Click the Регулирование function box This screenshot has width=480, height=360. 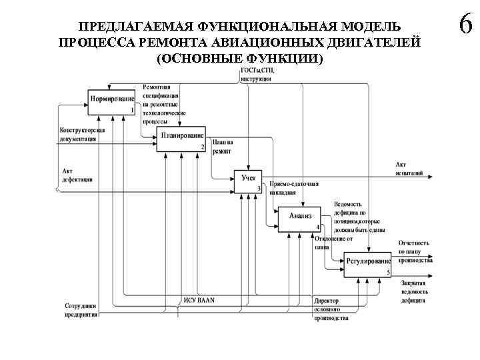[x=367, y=264]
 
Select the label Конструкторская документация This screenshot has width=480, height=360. [x=83, y=134]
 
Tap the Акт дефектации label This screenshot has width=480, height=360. [x=77, y=175]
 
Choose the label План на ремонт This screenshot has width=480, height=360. [x=223, y=147]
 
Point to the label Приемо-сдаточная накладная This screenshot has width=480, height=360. [x=294, y=188]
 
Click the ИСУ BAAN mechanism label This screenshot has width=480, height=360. [x=199, y=300]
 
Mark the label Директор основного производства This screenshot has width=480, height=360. [x=331, y=309]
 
